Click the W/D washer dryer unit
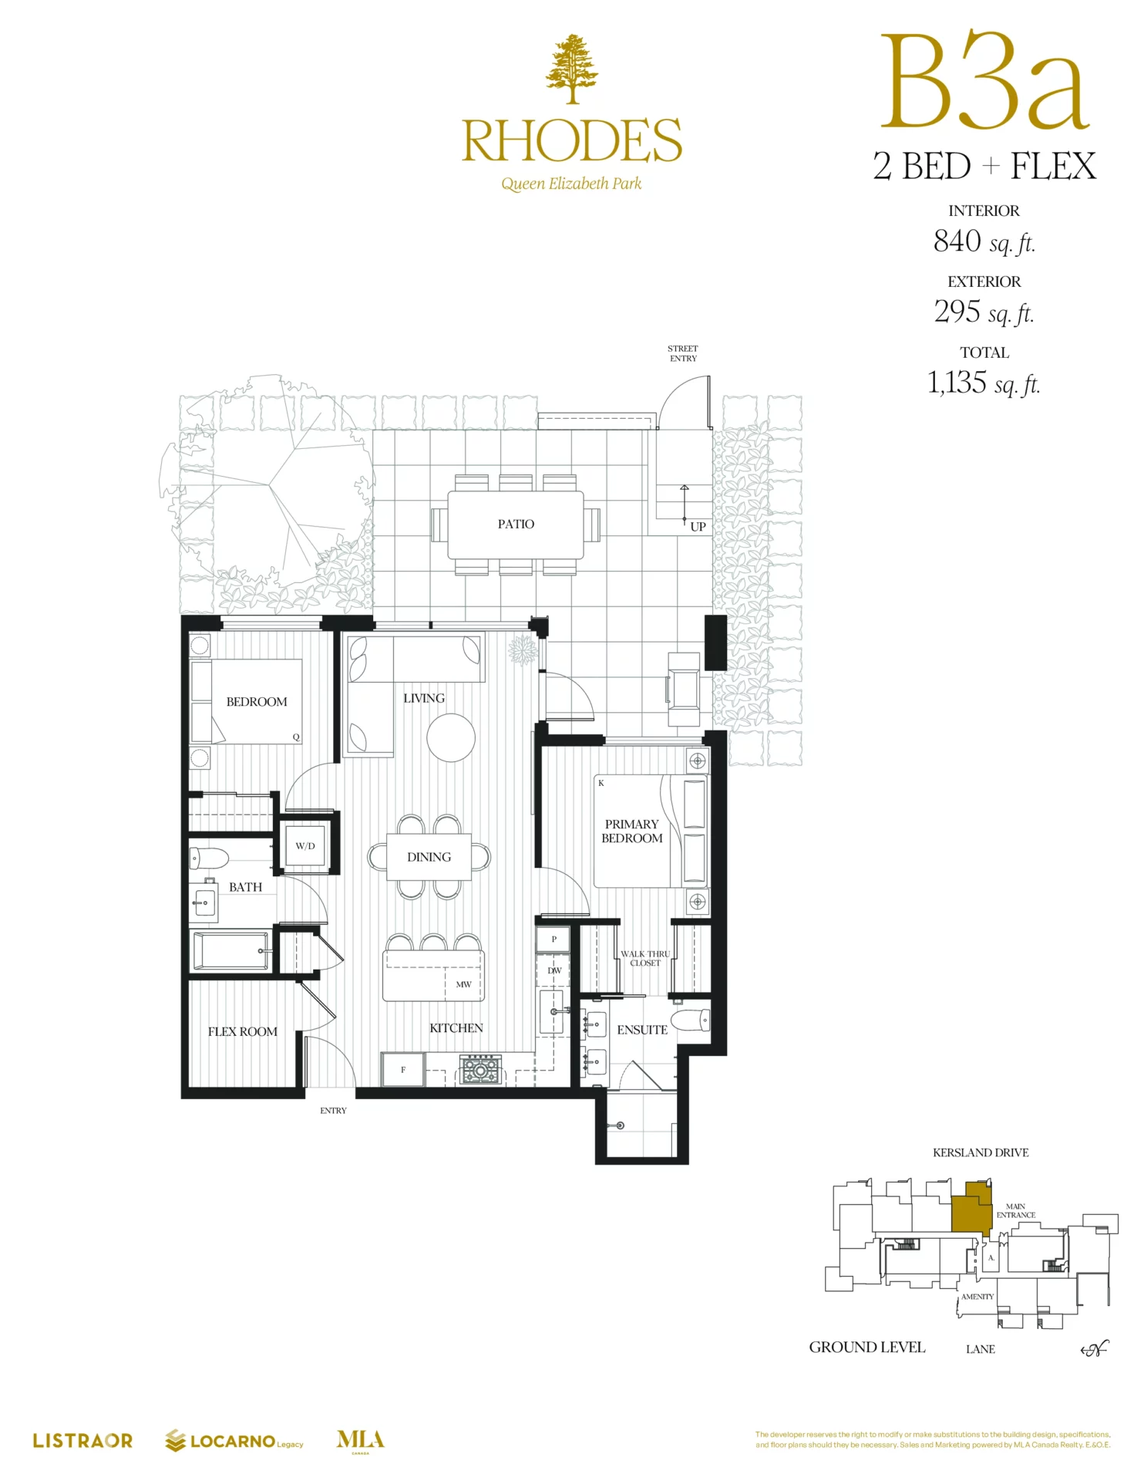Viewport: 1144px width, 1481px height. click(x=305, y=845)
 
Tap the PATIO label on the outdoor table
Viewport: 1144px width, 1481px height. click(x=516, y=524)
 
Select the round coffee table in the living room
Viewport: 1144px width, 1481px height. click(x=451, y=737)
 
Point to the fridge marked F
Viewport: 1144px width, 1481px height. click(x=402, y=1069)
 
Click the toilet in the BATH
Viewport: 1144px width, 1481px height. click(x=210, y=858)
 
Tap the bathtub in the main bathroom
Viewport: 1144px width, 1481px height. click(x=231, y=950)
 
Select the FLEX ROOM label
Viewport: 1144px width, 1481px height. click(x=242, y=1031)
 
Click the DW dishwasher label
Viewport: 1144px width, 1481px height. click(x=554, y=970)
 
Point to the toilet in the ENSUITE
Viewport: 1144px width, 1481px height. click(x=691, y=1021)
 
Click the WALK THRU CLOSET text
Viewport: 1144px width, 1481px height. click(x=645, y=958)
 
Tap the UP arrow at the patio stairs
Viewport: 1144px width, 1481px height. click(x=684, y=505)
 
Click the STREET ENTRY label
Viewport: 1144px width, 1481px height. click(x=683, y=353)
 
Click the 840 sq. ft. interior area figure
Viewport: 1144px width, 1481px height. click(x=984, y=241)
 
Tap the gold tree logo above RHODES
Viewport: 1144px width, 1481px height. click(x=572, y=69)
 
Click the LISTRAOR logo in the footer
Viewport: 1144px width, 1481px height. click(x=82, y=1440)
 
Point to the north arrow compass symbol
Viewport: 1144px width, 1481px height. click(x=1095, y=1348)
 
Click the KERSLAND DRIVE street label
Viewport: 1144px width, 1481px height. click(x=981, y=1152)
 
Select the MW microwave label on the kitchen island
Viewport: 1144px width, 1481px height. click(x=463, y=984)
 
